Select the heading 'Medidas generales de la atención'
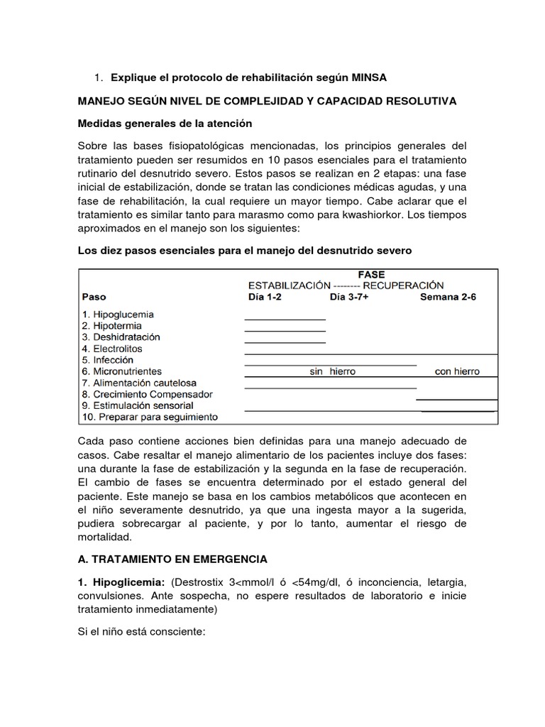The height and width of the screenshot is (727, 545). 165,124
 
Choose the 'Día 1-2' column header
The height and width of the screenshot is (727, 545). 263,297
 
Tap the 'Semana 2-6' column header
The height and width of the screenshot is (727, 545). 448,297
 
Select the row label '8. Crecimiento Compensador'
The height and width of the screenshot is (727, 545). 148,394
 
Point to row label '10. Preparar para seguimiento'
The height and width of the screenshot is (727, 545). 150,417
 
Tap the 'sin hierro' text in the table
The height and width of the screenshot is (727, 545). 332,371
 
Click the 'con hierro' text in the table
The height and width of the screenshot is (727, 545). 457,371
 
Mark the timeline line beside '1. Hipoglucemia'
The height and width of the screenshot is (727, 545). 285,319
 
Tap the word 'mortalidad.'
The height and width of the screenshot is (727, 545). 106,537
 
